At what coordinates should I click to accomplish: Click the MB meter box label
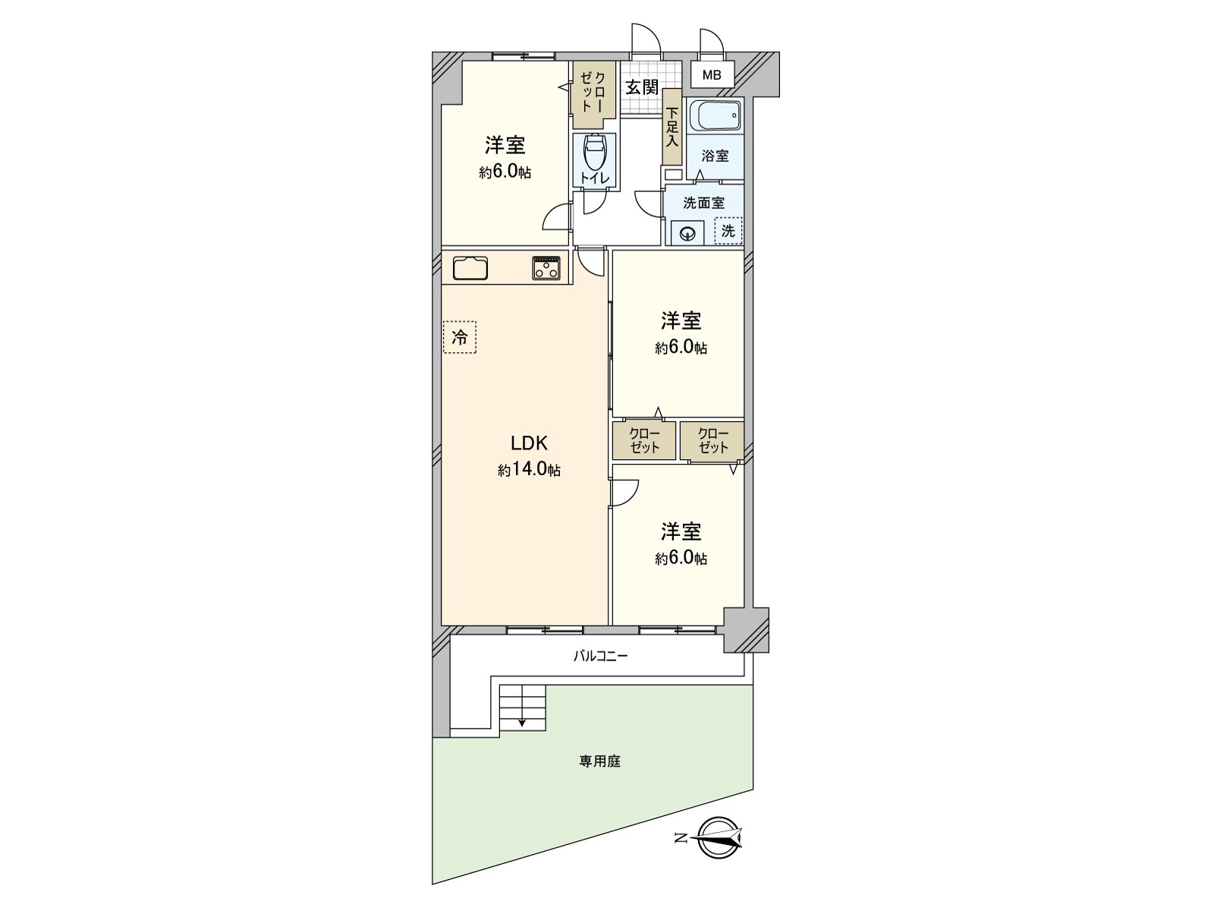pyautogui.click(x=712, y=75)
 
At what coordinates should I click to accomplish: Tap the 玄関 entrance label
pyautogui.click(x=641, y=87)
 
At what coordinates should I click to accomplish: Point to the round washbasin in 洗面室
pyautogui.click(x=688, y=233)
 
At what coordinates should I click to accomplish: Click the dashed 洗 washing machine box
pyautogui.click(x=728, y=231)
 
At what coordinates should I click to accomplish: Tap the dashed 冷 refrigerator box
pyautogui.click(x=460, y=337)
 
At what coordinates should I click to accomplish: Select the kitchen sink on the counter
pyautogui.click(x=470, y=269)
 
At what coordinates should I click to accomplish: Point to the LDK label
pyautogui.click(x=528, y=443)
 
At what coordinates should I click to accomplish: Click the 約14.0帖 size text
pyautogui.click(x=529, y=470)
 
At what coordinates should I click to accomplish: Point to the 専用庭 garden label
pyautogui.click(x=600, y=761)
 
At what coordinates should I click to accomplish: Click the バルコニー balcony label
pyautogui.click(x=600, y=656)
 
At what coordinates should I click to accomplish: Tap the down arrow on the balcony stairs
pyautogui.click(x=522, y=722)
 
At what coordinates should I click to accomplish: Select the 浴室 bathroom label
pyautogui.click(x=715, y=156)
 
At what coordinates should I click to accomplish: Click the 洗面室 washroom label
pyautogui.click(x=703, y=203)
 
